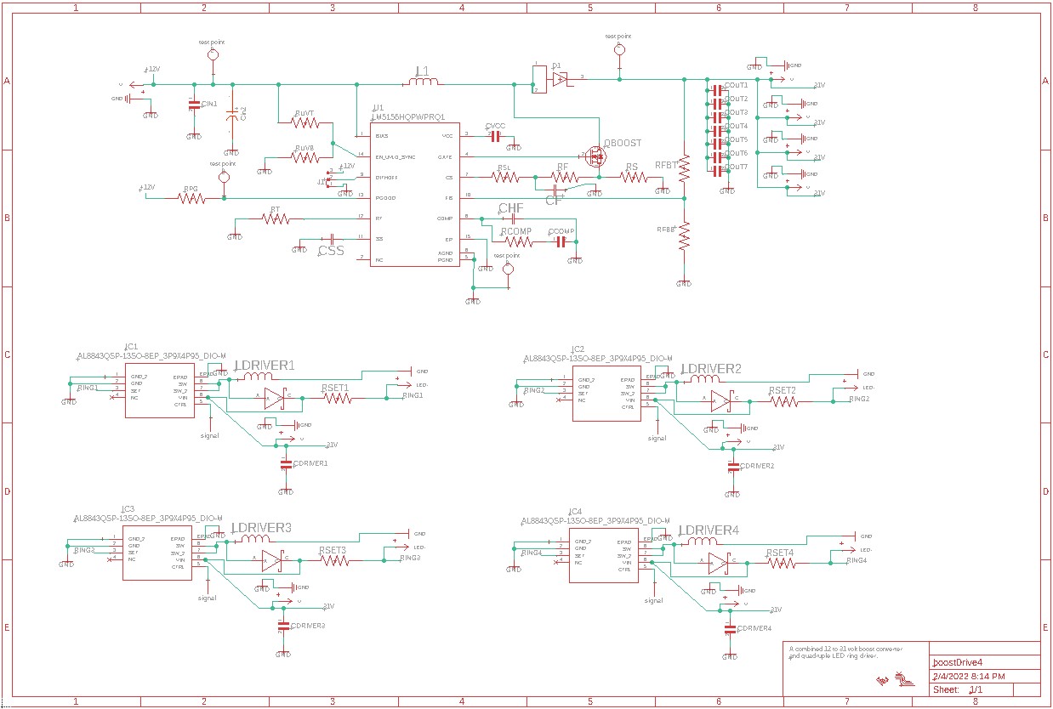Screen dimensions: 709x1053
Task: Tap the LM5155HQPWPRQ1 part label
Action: click(409, 117)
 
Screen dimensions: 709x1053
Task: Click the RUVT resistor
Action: click(305, 123)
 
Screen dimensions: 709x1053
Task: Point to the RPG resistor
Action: click(191, 198)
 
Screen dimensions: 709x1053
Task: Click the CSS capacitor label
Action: click(331, 251)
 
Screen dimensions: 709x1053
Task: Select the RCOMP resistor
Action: click(517, 241)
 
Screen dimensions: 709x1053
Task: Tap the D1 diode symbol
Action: click(558, 78)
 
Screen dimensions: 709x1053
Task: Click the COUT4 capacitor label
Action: click(737, 126)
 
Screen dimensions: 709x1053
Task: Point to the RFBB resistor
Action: click(683, 235)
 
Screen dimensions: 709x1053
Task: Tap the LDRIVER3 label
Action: click(262, 528)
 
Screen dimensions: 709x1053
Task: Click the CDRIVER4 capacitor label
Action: click(755, 628)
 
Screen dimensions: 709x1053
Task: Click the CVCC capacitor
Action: click(495, 136)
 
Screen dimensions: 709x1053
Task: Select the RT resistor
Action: click(276, 219)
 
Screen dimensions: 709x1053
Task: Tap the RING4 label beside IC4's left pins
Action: click(532, 553)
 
